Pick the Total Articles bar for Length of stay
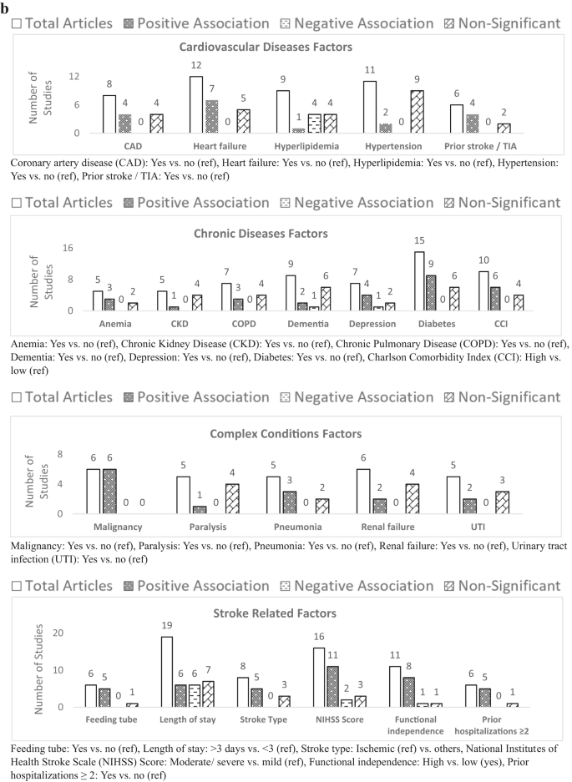pyautogui.click(x=166, y=672)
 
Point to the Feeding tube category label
pyautogui.click(x=106, y=719)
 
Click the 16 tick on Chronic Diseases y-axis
pyautogui.click(x=69, y=248)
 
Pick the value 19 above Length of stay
pyautogui.click(x=165, y=627)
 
